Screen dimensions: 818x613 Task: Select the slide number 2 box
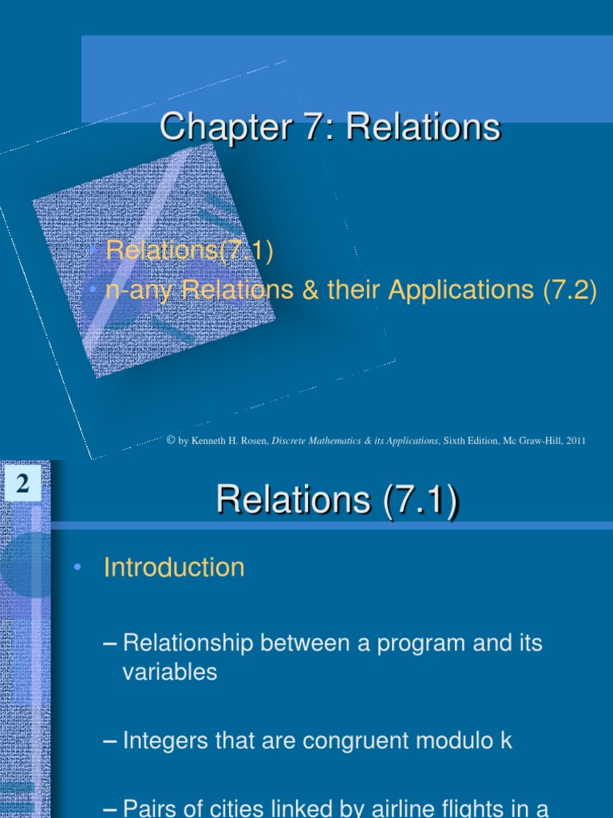(x=22, y=484)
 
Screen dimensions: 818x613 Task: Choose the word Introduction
(x=174, y=568)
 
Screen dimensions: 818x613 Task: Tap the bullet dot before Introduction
(x=77, y=568)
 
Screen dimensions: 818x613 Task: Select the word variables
(x=169, y=672)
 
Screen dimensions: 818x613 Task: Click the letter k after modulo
(x=506, y=741)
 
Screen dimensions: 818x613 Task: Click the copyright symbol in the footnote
(x=172, y=440)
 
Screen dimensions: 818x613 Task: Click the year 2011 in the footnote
(x=575, y=440)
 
